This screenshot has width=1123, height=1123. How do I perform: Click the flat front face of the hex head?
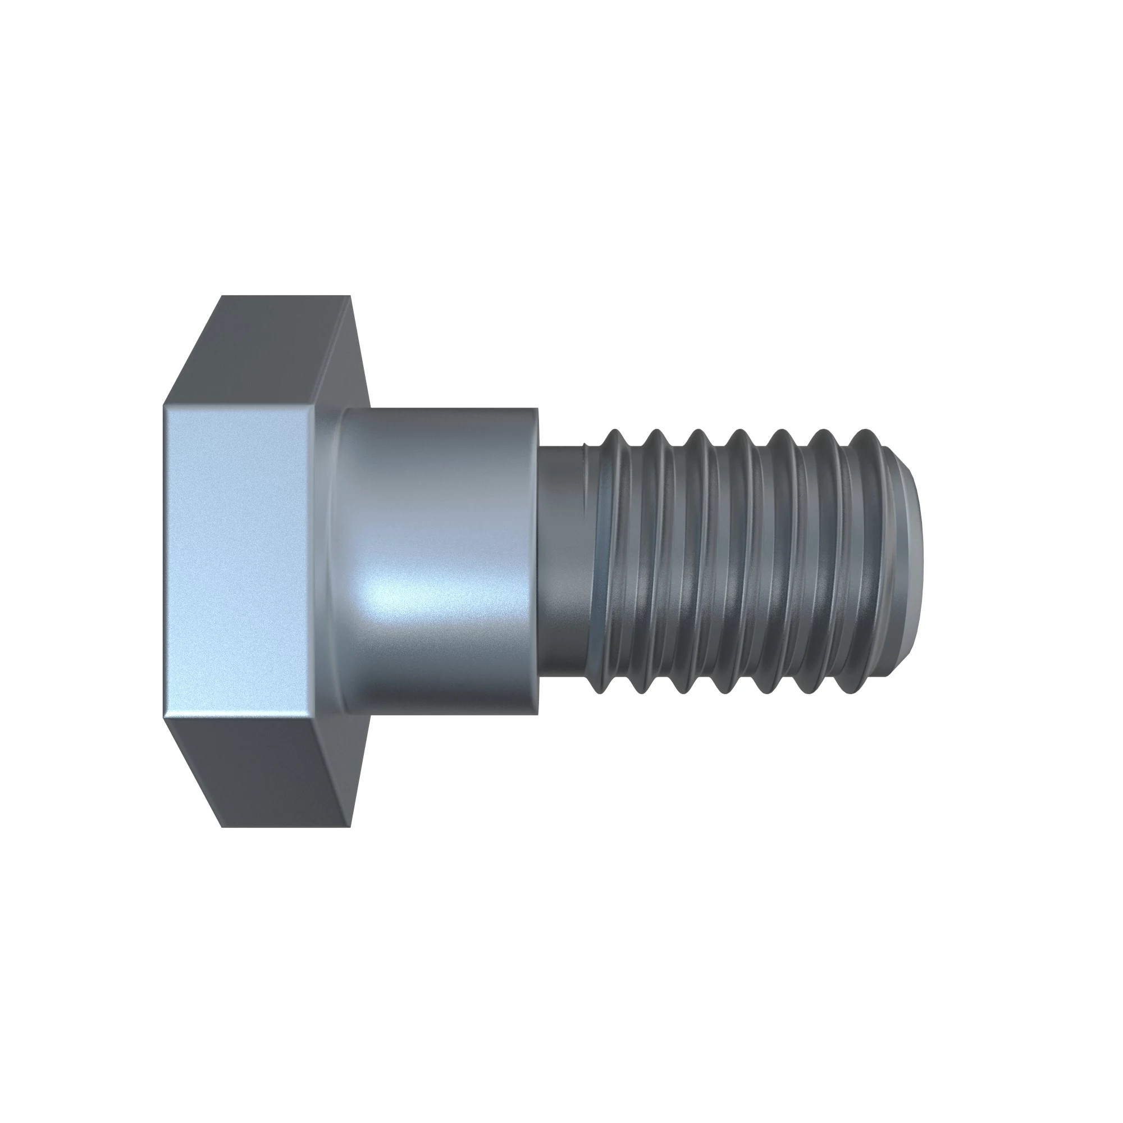point(238,561)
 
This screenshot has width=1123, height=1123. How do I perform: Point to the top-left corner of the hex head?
point(222,296)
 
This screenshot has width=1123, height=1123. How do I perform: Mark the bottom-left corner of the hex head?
point(222,827)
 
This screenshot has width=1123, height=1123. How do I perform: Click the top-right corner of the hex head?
point(350,296)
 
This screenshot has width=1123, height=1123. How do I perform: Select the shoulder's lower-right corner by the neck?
point(538,714)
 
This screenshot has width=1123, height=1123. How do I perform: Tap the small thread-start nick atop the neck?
point(585,446)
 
